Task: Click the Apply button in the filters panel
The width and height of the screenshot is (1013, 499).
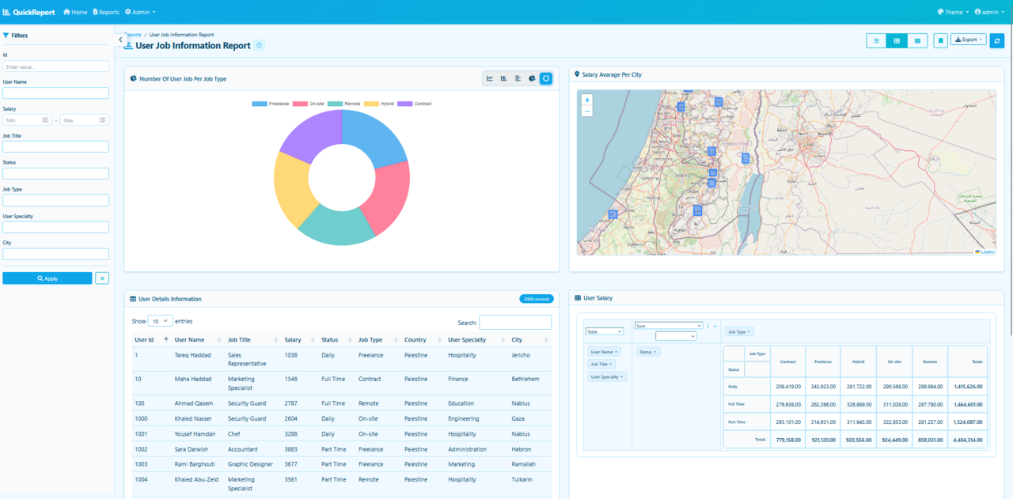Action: [47, 278]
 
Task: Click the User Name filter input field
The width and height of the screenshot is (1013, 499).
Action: [55, 93]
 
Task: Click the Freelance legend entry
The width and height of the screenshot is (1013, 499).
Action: [271, 104]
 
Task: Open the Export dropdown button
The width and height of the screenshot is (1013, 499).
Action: [968, 40]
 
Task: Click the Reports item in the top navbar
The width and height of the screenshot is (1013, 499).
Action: [106, 12]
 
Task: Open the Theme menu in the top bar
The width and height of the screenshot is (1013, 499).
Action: [953, 12]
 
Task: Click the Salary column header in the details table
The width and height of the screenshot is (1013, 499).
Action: [293, 340]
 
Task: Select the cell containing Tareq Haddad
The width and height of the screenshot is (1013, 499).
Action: [193, 355]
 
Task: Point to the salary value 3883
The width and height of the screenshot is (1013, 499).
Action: [291, 449]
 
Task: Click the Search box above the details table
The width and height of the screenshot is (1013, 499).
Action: [515, 322]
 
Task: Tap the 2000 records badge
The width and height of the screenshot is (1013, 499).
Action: [536, 299]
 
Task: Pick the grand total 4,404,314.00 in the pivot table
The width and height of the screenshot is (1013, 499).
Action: [967, 440]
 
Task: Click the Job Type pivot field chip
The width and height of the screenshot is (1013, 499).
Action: [739, 331]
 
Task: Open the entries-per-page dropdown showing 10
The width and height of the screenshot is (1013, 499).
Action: [161, 321]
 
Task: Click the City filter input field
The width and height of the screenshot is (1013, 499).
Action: [55, 254]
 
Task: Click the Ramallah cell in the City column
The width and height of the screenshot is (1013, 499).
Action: [523, 464]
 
